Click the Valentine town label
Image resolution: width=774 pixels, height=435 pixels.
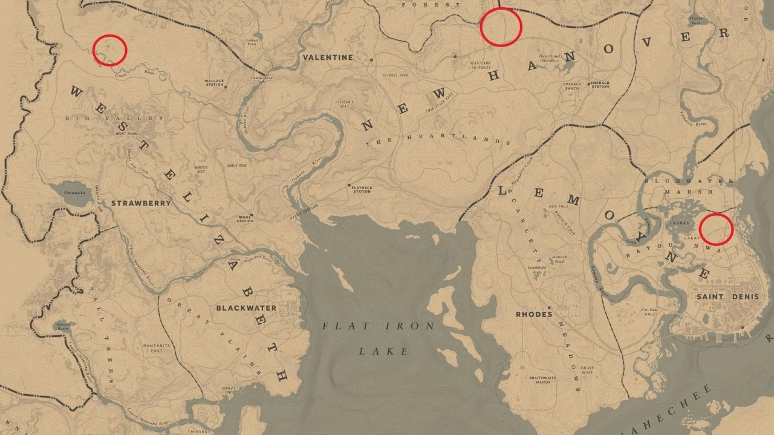[x=327, y=57]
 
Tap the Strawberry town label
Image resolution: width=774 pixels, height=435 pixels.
[x=141, y=204]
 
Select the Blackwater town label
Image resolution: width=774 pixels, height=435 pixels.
[x=246, y=308]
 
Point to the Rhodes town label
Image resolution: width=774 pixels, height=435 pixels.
[x=534, y=314]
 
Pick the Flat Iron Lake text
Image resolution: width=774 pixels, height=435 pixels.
[x=379, y=338]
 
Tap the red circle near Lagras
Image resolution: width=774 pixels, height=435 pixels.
[x=716, y=229]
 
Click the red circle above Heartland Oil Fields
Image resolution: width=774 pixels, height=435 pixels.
[x=501, y=27]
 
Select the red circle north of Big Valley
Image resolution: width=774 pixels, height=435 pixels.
[x=109, y=50]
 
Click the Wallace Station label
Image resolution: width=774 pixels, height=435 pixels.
[x=214, y=83]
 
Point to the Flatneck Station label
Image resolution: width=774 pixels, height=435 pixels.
[x=362, y=189]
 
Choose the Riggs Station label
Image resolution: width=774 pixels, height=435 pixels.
[x=246, y=218]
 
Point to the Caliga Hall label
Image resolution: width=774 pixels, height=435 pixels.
[x=648, y=312]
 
